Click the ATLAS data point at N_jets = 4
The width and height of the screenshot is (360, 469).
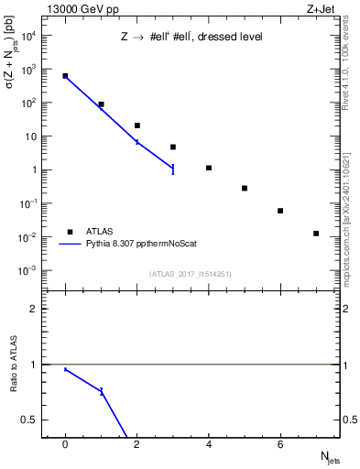209,168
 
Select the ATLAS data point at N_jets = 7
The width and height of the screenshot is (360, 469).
316,234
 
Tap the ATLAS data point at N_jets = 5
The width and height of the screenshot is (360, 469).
245,188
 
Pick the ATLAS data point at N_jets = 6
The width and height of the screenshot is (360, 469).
280,211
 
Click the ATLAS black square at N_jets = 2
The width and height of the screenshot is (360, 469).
137,125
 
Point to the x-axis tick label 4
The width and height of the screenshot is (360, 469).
209,444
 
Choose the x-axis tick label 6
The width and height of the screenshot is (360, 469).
280,444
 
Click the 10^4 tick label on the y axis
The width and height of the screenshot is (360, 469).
27,35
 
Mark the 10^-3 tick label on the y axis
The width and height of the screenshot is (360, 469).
27,271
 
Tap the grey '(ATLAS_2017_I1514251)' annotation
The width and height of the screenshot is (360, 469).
190,274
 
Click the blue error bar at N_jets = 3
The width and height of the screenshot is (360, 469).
173,169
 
